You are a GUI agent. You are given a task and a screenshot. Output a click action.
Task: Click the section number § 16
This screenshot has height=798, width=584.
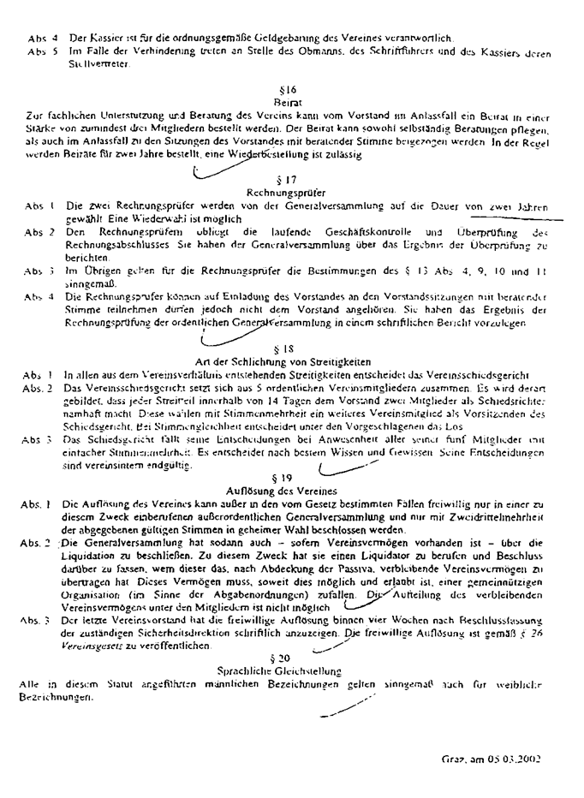pos(288,90)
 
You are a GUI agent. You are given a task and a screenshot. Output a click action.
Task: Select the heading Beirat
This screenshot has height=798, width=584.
pos(288,101)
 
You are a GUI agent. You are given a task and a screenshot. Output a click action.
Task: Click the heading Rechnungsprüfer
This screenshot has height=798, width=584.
pos(288,193)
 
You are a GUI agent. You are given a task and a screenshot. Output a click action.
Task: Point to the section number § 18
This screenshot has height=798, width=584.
pos(288,349)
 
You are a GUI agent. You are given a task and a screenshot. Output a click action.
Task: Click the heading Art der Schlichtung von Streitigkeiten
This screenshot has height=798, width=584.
pos(288,362)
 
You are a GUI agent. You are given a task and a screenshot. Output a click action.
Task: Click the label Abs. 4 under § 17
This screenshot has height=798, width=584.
pos(40,297)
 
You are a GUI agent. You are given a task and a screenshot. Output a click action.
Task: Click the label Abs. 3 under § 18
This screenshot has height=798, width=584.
pos(39,439)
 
